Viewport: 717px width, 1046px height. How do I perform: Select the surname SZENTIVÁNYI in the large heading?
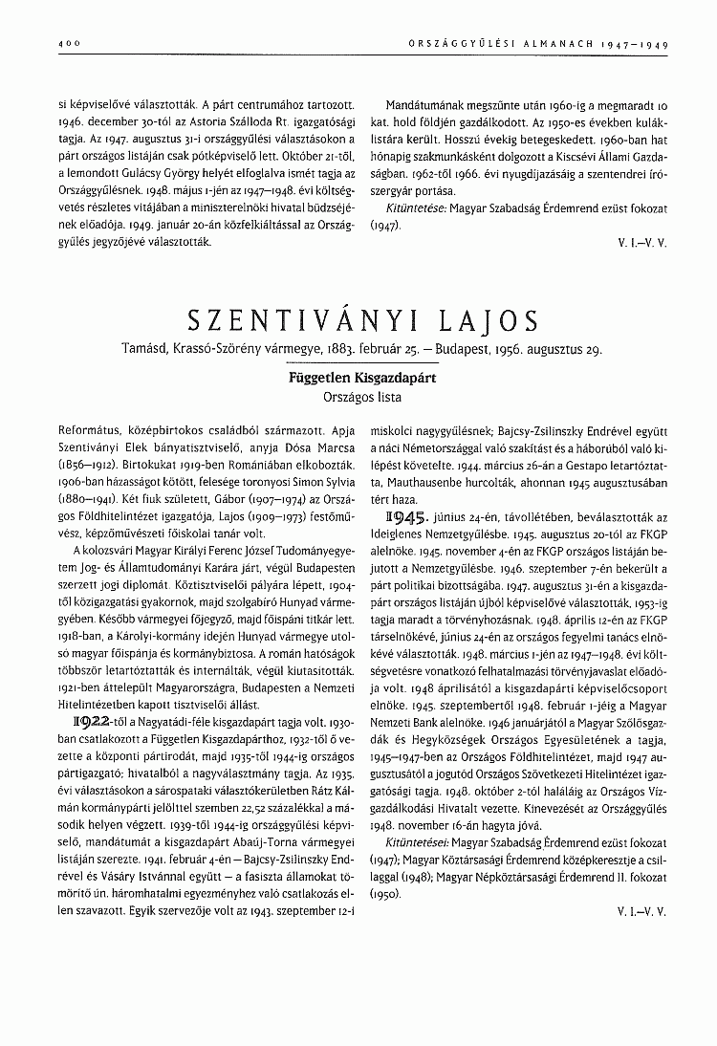pyautogui.click(x=291, y=320)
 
